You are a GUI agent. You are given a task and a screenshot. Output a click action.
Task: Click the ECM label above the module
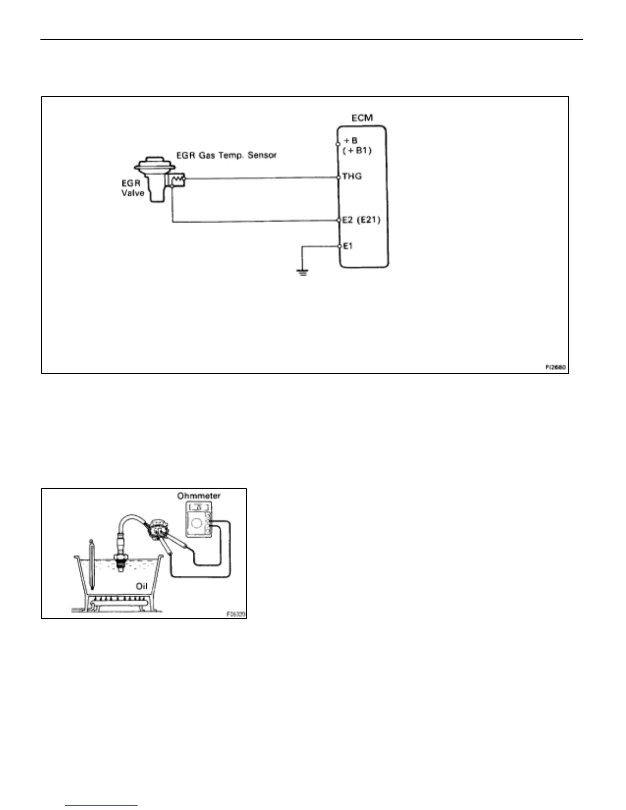pyautogui.click(x=362, y=118)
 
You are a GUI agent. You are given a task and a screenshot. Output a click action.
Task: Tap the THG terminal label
pyautogui.click(x=352, y=176)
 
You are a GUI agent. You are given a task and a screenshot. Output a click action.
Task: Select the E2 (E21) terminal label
pyautogui.click(x=362, y=220)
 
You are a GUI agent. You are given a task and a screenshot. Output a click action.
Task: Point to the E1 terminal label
pyautogui.click(x=348, y=246)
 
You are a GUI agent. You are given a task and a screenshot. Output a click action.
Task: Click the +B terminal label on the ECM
pyautogui.click(x=351, y=140)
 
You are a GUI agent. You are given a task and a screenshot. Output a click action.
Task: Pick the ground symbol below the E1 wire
pyautogui.click(x=303, y=272)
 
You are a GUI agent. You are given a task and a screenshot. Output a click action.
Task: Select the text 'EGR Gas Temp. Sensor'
pyautogui.click(x=226, y=155)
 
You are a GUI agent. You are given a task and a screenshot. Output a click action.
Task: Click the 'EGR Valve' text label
pyautogui.click(x=131, y=188)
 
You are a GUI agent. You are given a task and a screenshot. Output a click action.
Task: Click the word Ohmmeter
pyautogui.click(x=199, y=496)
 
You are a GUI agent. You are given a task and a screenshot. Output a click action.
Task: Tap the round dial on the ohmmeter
pyautogui.click(x=197, y=524)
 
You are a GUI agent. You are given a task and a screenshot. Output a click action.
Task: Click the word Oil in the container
pyautogui.click(x=142, y=586)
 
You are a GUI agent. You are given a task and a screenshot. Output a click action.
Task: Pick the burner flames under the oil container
pyautogui.click(x=121, y=597)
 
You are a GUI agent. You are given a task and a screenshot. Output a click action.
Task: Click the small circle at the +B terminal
pyautogui.click(x=339, y=144)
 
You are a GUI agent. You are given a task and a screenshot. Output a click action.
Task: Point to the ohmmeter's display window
pyautogui.click(x=199, y=507)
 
